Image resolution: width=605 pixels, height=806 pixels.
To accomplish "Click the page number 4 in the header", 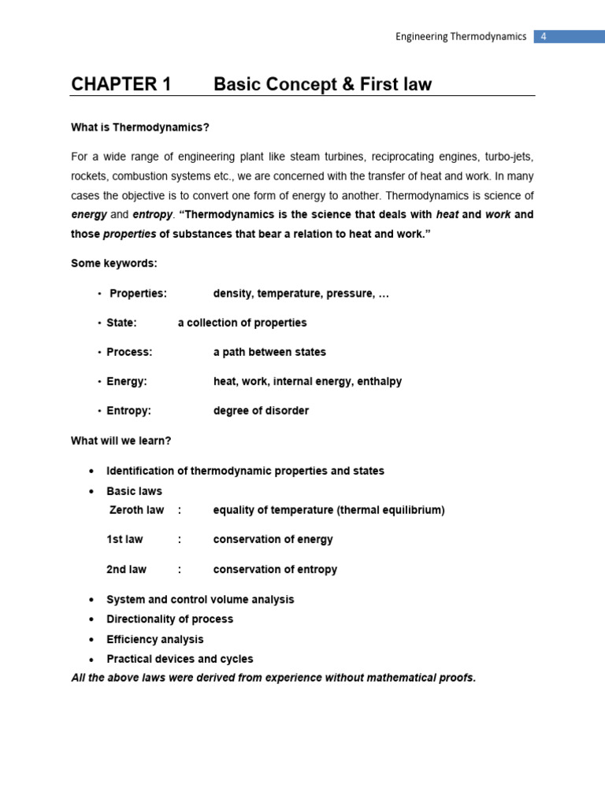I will [543, 37].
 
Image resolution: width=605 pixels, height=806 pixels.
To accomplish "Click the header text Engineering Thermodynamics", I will [461, 37].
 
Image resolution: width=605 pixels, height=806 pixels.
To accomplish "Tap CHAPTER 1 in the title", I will [121, 85].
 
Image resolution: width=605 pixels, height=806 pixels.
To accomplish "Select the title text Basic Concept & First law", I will [322, 85].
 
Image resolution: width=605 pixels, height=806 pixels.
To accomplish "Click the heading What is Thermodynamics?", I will [140, 127].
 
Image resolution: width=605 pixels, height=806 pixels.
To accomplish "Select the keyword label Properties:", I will [138, 294].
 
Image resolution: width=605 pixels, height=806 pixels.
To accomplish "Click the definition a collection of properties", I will [242, 323].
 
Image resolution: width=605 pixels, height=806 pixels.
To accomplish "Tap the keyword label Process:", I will [129, 352].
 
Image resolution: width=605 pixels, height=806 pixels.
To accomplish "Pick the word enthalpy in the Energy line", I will [379, 381].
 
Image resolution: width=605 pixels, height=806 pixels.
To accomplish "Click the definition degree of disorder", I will [261, 411].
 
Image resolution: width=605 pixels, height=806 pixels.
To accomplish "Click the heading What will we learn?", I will [121, 441].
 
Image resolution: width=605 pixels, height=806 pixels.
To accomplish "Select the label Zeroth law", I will [136, 510].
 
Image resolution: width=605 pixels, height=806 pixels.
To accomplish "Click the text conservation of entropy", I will [275, 569].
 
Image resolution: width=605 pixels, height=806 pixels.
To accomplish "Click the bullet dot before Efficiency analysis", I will [92, 640].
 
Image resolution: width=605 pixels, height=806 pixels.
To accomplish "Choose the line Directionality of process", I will [169, 619].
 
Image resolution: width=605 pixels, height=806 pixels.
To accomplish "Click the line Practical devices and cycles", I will [180, 659].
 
